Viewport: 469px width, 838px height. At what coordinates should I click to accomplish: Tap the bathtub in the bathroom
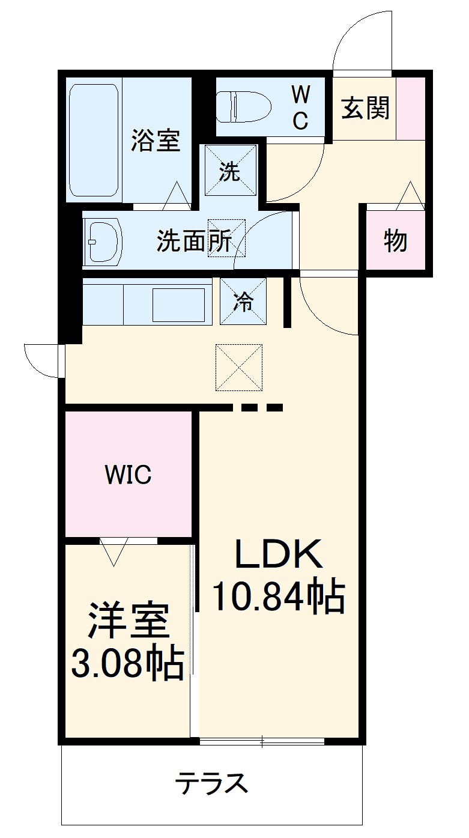pyautogui.click(x=94, y=140)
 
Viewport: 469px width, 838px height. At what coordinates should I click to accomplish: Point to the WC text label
pyautogui.click(x=300, y=106)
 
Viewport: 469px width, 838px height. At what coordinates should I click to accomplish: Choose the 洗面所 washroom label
pyautogui.click(x=193, y=241)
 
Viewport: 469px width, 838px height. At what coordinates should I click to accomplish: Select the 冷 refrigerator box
pyautogui.click(x=243, y=302)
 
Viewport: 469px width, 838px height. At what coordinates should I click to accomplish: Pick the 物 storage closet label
pyautogui.click(x=396, y=241)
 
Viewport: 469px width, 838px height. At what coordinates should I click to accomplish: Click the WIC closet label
pyautogui.click(x=128, y=475)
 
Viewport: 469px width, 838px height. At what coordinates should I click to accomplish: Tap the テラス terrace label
pyautogui.click(x=211, y=784)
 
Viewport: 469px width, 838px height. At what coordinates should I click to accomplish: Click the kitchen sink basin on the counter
pyautogui.click(x=179, y=305)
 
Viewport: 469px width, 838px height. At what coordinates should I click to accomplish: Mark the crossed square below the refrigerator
pyautogui.click(x=239, y=368)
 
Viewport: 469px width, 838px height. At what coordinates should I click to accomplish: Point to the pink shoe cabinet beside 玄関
pyautogui.click(x=411, y=109)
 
